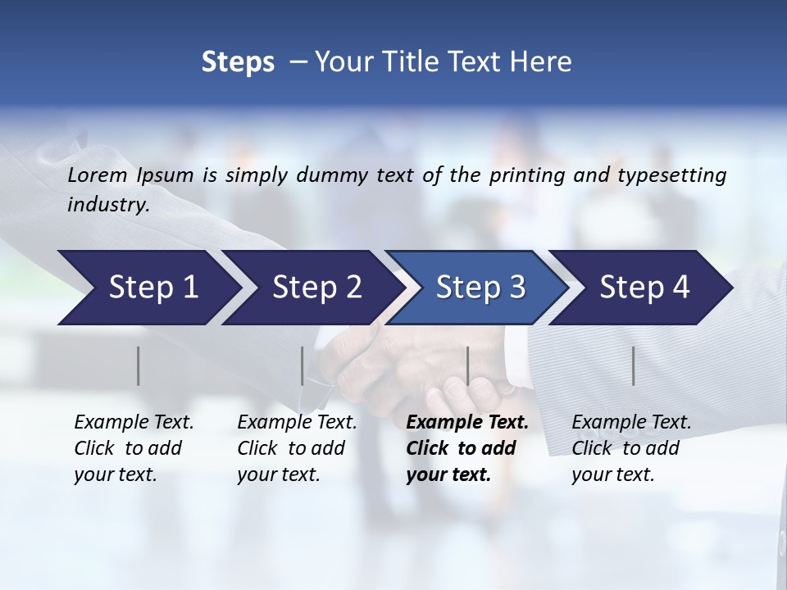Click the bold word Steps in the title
coord(238,62)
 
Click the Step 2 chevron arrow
coord(312,288)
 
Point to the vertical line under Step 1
coord(139,365)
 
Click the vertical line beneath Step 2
coord(303,365)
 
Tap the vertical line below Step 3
coord(467,365)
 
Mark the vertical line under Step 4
coord(633,365)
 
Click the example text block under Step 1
coord(134,448)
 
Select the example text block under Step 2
coord(297,448)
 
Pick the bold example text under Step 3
coord(466,448)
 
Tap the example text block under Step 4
coord(631,448)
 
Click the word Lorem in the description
coord(98,175)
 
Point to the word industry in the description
coord(108,205)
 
